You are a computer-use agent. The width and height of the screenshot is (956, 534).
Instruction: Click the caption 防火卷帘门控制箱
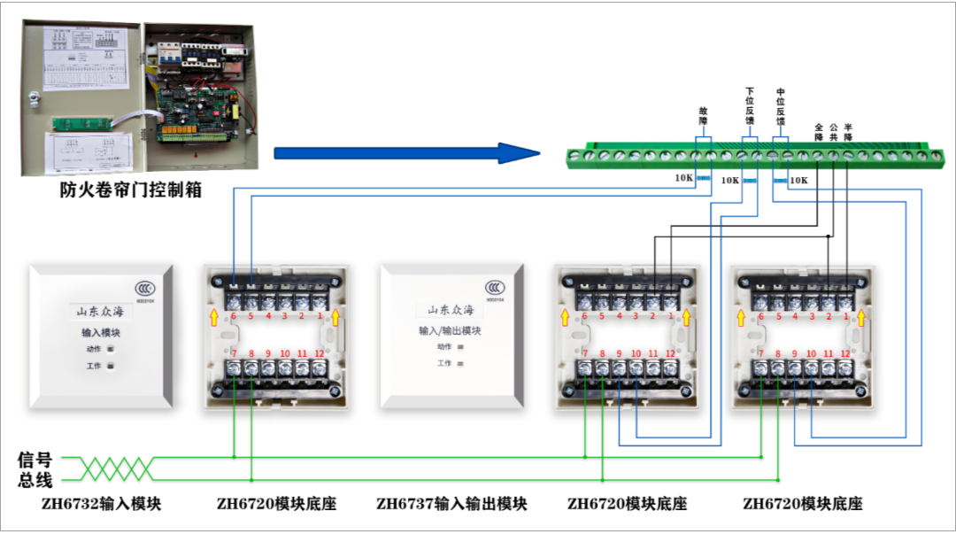point(130,189)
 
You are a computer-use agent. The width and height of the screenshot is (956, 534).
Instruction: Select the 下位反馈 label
point(750,105)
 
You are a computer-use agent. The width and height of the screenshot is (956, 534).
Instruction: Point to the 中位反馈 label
point(781,105)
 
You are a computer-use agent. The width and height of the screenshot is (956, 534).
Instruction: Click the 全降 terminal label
point(819,132)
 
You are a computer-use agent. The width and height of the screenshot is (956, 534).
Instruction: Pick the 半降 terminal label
point(848,132)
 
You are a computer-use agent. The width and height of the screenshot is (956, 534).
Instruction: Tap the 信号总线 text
point(35,470)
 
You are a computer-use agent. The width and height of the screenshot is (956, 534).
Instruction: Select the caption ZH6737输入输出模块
point(451,504)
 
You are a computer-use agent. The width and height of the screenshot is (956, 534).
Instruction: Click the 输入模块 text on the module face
point(101,333)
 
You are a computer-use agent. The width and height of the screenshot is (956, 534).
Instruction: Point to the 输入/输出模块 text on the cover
point(450,331)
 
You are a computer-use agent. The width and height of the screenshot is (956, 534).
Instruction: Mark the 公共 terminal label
point(833,132)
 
